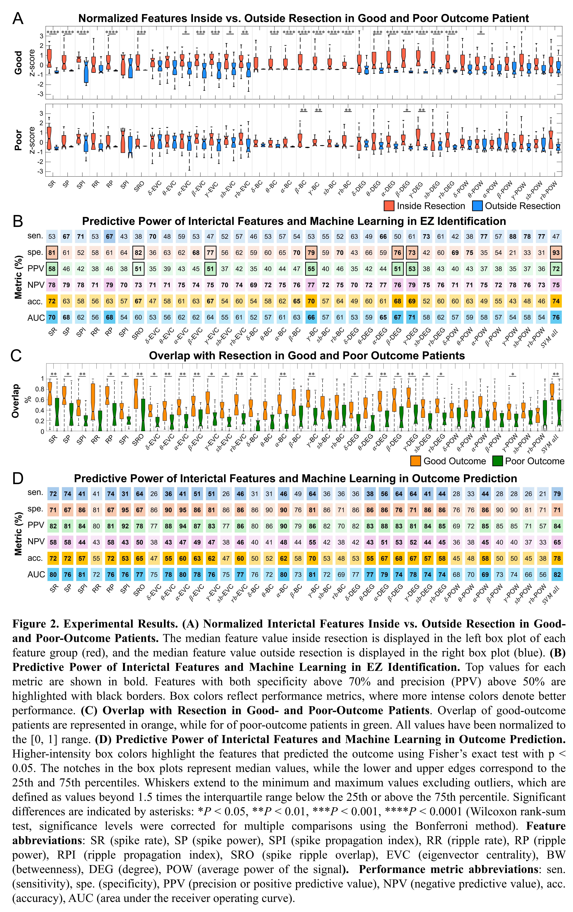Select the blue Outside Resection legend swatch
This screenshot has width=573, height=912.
pos(478,206)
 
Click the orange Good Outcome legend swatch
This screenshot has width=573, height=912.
pos(416,461)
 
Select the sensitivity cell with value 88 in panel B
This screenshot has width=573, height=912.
pos(513,236)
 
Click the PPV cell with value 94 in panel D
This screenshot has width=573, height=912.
pos(183,526)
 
